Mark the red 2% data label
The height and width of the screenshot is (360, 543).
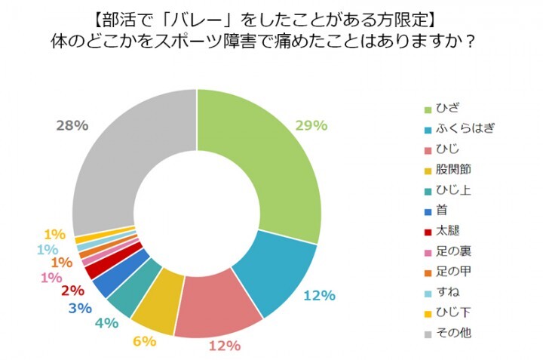click(72, 290)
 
